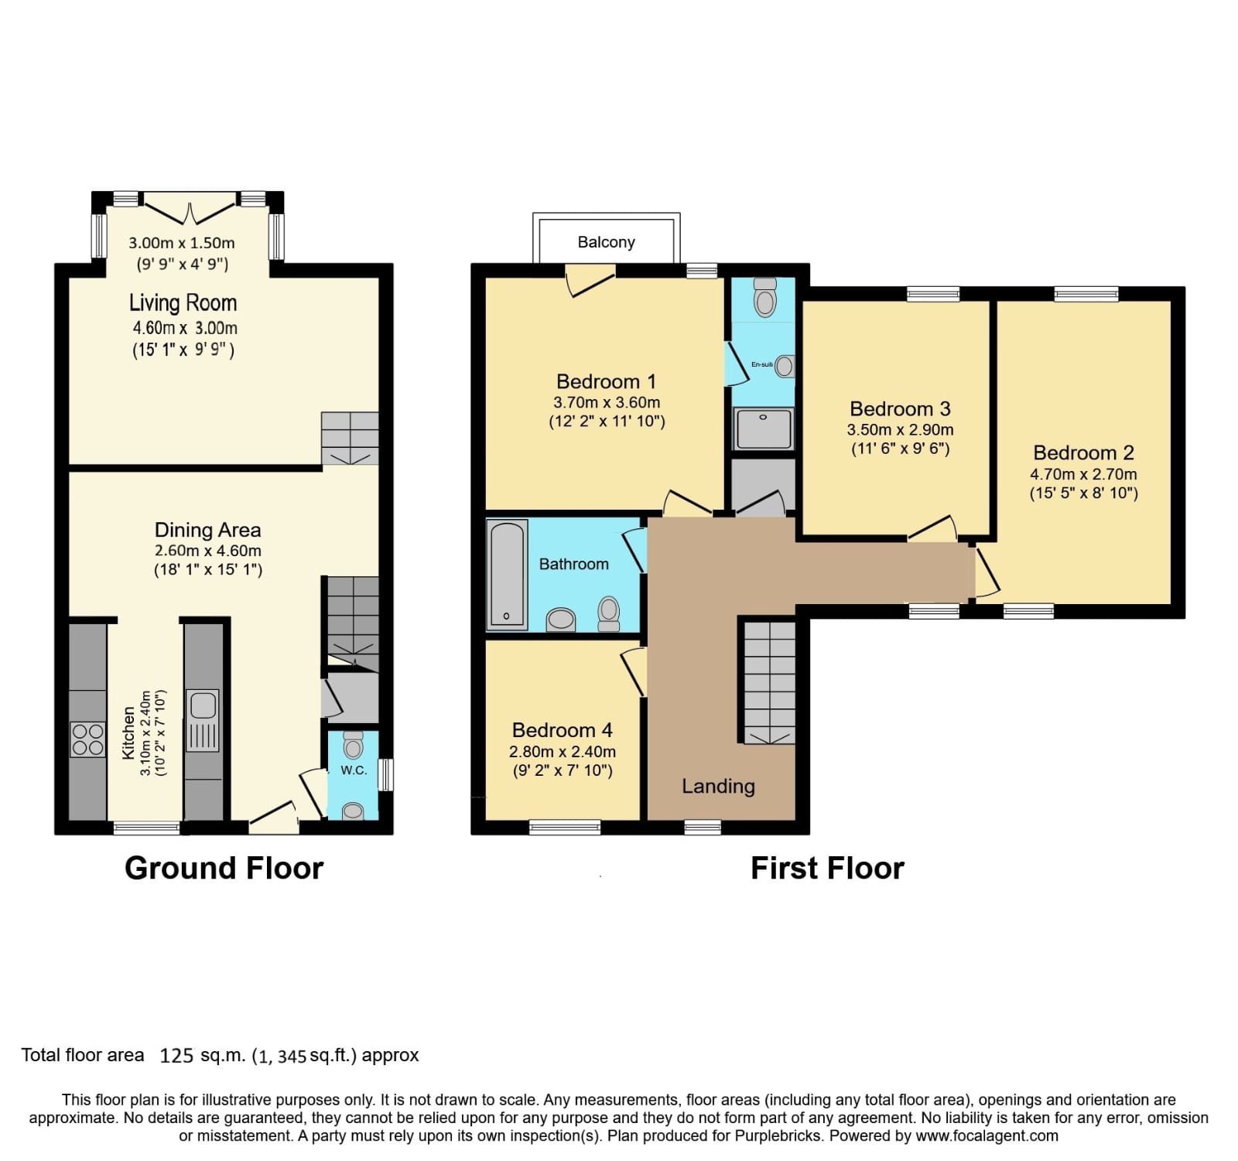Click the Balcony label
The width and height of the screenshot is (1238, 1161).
[606, 242]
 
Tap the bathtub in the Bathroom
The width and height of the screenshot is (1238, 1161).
[507, 574]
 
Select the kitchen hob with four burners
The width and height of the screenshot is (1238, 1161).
[87, 739]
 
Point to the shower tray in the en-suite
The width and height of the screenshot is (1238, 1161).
[764, 429]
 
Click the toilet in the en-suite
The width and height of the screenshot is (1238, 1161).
[765, 297]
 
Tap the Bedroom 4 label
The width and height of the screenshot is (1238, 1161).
[563, 730]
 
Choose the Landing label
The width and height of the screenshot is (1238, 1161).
[718, 787]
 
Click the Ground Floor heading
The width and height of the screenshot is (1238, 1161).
[224, 868]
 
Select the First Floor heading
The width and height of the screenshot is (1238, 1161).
[827, 868]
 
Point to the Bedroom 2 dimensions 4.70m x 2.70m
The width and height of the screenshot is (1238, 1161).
[1083, 474]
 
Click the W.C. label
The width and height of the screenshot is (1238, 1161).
[354, 770]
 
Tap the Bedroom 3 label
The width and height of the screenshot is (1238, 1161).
[900, 408]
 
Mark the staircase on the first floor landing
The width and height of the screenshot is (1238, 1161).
[770, 682]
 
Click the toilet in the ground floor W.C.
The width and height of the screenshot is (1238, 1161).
[354, 745]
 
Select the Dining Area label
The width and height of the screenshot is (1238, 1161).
[207, 530]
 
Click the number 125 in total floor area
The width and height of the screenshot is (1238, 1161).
[176, 1055]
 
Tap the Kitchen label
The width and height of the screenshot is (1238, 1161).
[128, 732]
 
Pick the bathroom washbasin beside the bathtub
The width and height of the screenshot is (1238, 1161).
[561, 620]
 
